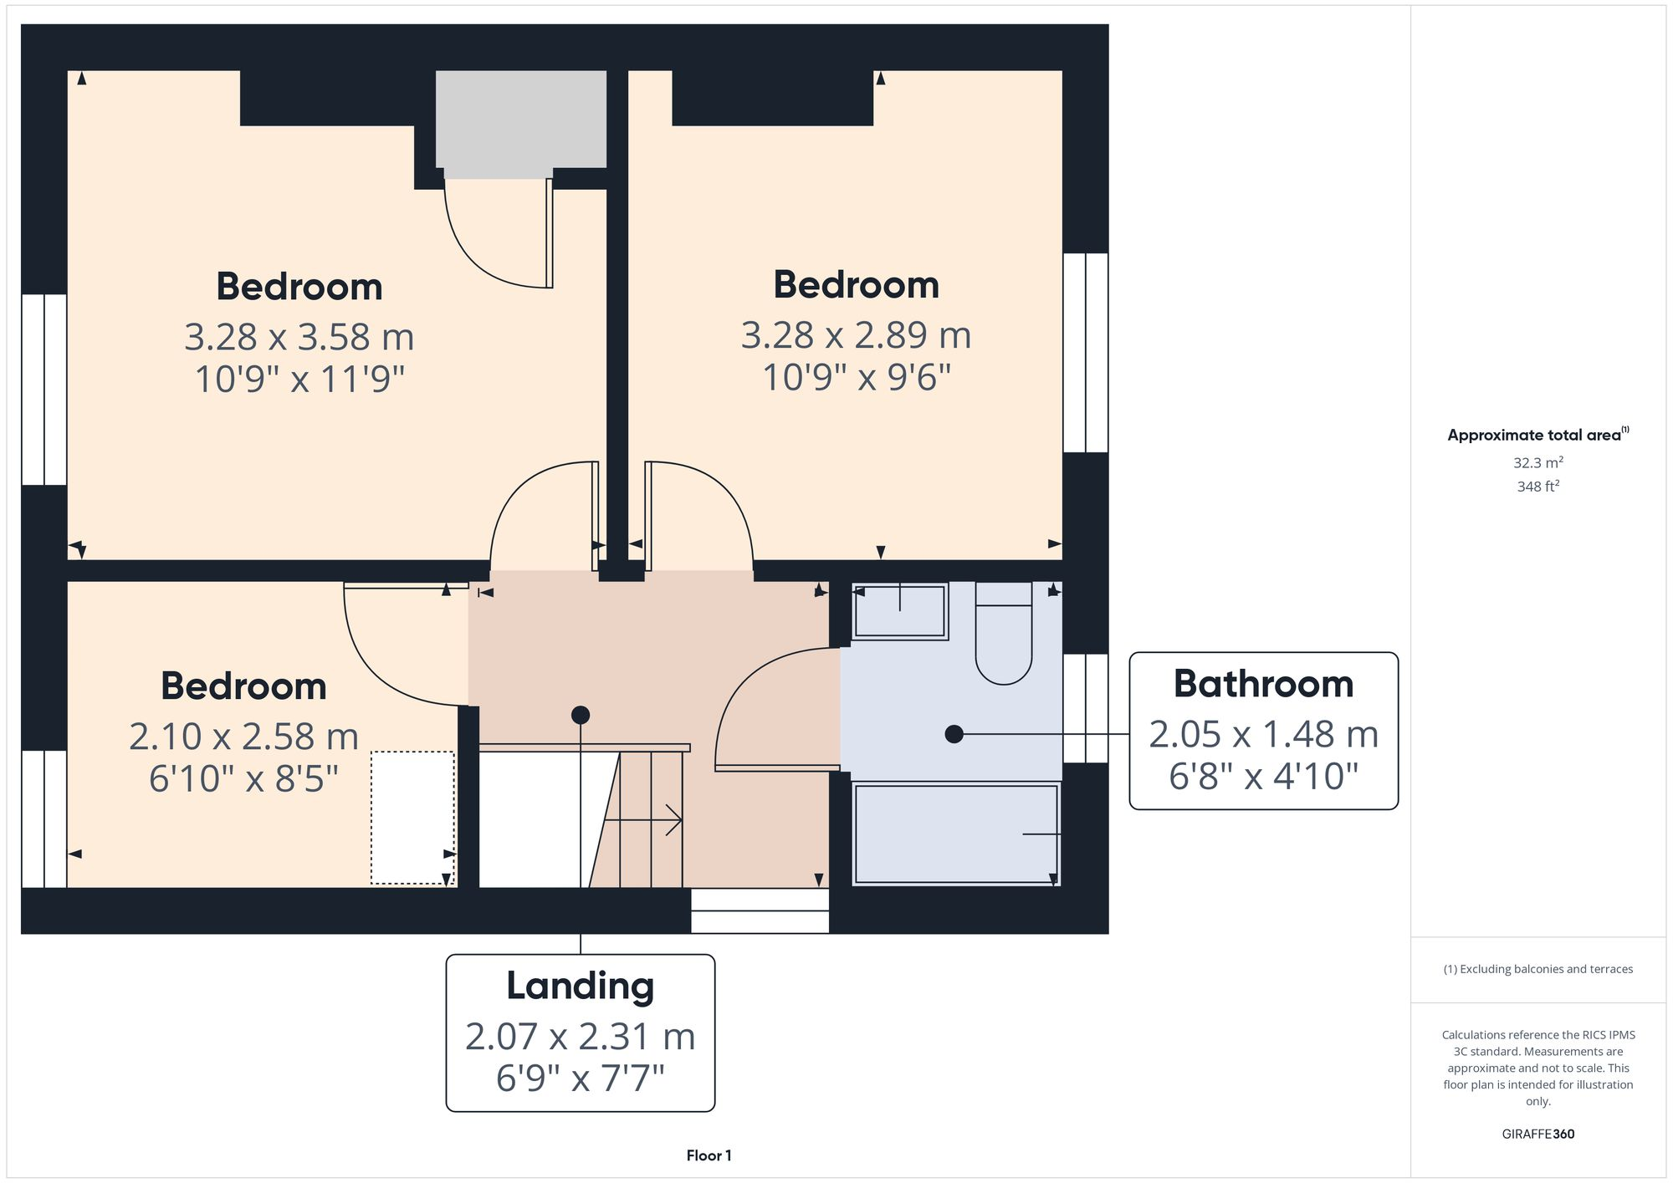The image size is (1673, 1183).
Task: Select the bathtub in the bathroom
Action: tap(955, 834)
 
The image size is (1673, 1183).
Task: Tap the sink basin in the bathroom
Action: tap(899, 611)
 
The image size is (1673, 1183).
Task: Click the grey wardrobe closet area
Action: tap(520, 119)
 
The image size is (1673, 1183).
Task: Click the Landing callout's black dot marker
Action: tap(581, 715)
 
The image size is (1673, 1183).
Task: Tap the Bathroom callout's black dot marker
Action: tap(954, 734)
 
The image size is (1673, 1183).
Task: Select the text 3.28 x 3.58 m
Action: tap(299, 337)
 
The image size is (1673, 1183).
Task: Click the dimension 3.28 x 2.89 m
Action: tap(856, 335)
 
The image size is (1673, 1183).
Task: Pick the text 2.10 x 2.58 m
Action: tap(243, 737)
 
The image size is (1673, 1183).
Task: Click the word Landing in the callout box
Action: tap(580, 986)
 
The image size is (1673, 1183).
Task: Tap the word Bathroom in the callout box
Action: tap(1263, 684)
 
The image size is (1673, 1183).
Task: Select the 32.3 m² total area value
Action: tap(1537, 462)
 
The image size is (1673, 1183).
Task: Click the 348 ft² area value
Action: tap(1537, 486)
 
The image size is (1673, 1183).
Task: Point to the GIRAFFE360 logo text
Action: tap(1537, 1134)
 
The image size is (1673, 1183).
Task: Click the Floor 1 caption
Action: tap(709, 1155)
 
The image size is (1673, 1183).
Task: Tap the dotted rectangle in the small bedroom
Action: tap(412, 817)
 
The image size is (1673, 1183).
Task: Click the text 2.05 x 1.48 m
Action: tap(1263, 734)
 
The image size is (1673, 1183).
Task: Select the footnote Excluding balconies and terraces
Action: tap(1537, 969)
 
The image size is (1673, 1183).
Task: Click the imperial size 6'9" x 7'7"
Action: tap(580, 1078)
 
